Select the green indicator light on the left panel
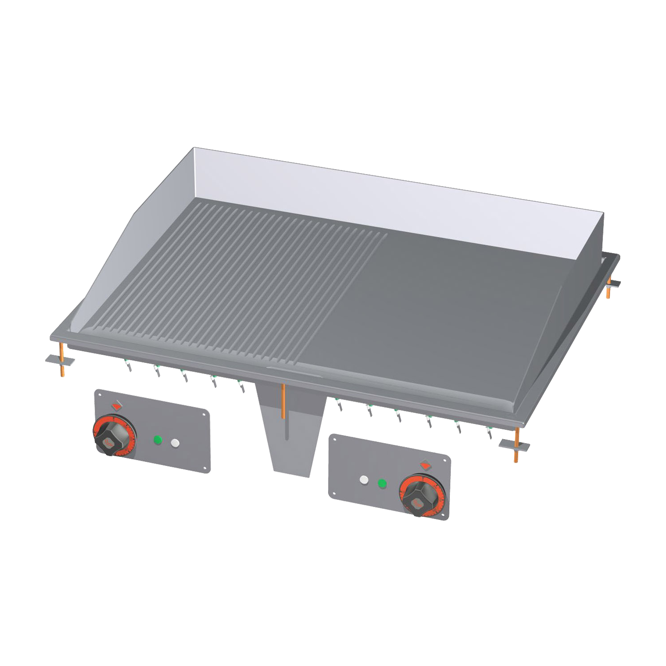(157, 440)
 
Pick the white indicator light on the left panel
(176, 443)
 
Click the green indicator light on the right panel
(381, 483)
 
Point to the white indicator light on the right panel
(364, 480)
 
